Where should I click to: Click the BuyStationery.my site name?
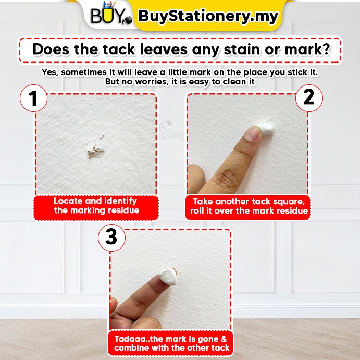pos(208,16)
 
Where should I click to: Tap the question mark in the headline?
pos(326,49)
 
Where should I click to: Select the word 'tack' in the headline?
pos(119,49)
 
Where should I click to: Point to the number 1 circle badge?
pos(33,98)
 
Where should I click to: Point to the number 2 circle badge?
pos(309,98)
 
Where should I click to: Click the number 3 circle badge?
pos(111,238)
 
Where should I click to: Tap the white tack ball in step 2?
pos(266,129)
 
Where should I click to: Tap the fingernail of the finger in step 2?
pos(252,133)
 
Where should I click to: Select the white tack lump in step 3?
pos(168,276)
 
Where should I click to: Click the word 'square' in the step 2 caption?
pos(290,202)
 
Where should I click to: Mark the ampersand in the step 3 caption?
pos(224,339)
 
